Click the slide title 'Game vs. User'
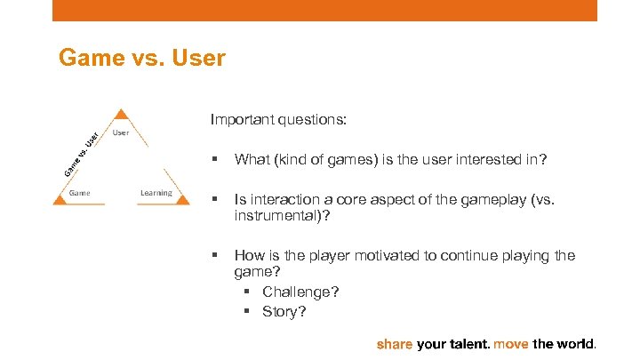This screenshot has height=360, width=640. point(141,59)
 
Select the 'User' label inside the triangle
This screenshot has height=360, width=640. point(122,132)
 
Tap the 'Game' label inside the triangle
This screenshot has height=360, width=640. point(80,192)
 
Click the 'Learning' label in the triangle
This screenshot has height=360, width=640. point(156,192)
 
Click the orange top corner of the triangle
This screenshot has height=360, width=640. point(122,115)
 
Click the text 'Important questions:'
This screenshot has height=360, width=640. point(266,118)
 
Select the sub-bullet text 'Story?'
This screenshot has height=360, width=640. point(284,310)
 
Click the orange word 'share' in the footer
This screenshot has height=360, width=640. point(396,343)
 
